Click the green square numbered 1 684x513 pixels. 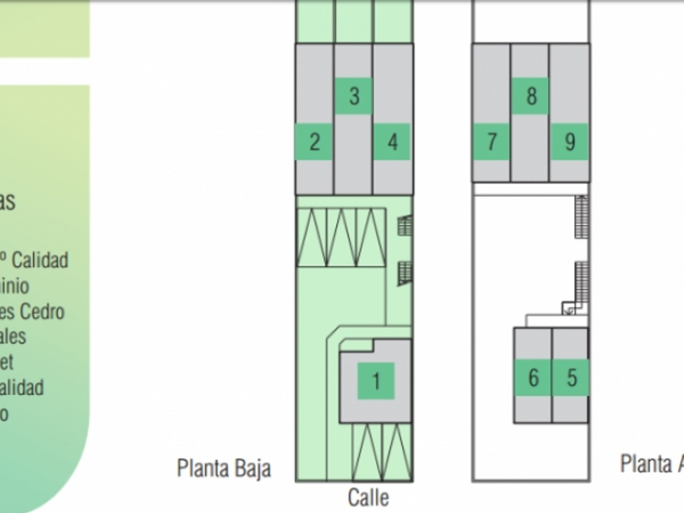pos(376,380)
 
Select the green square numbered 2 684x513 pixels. pos(314,142)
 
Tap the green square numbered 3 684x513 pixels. pos(354,95)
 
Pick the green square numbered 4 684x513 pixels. pos(392,142)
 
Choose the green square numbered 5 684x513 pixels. pos(571,378)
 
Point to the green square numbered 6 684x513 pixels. pos(533,378)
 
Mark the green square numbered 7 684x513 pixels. pos(492,142)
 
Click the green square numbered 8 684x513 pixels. pos(531,96)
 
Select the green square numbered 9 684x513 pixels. pos(569,142)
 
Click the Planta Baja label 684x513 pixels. pos(224,468)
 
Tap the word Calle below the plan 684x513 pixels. pos(368,497)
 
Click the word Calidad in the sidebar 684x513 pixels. pos(40,261)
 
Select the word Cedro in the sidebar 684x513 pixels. pos(42,311)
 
